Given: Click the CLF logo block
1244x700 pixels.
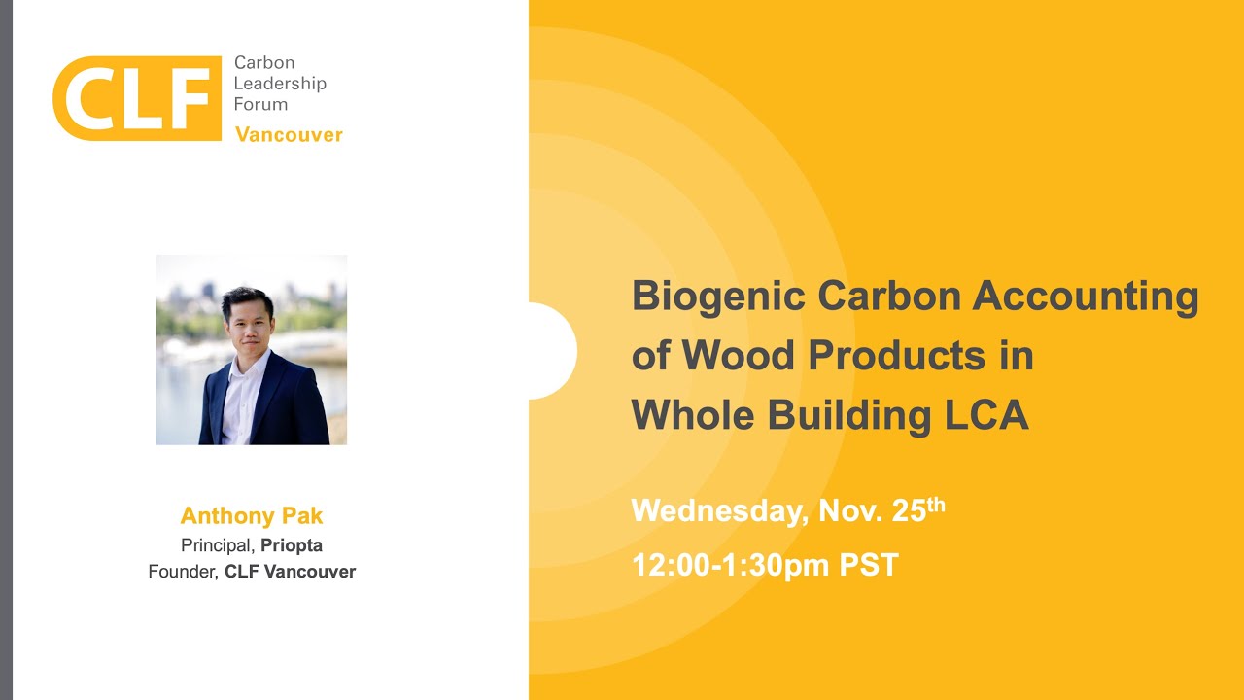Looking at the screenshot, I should click(136, 97).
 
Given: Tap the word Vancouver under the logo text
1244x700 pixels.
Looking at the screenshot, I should click(289, 134).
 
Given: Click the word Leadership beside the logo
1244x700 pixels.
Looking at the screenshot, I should click(280, 84).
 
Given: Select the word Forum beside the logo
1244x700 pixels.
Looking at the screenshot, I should click(260, 104).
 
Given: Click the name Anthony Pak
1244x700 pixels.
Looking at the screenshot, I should click(252, 515).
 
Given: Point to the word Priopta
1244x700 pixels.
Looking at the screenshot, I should click(292, 545).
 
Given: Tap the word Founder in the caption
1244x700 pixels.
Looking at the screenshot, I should click(182, 572).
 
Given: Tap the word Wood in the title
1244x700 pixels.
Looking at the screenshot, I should click(738, 356).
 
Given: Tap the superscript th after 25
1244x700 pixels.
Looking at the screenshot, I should click(936, 504).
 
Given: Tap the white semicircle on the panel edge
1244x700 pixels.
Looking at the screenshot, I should click(555, 351).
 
